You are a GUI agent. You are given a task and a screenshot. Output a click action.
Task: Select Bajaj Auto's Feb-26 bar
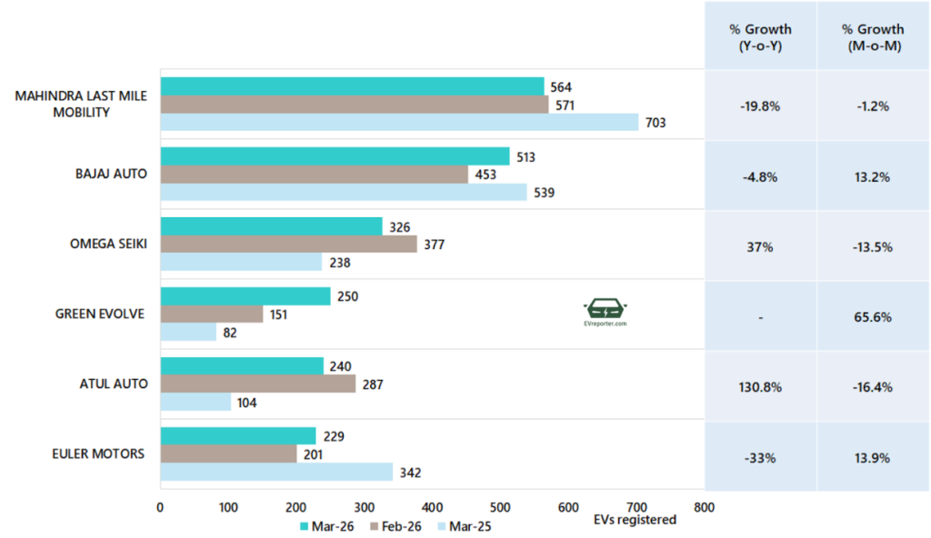(314, 174)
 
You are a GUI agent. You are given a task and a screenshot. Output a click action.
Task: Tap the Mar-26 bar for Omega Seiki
(271, 226)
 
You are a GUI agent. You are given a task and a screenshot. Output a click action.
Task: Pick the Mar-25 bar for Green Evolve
(190, 333)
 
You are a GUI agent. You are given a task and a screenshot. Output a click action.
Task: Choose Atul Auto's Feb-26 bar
(257, 384)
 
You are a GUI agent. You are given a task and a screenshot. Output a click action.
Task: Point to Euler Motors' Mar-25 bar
(276, 473)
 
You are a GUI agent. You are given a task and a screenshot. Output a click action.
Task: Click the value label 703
(656, 123)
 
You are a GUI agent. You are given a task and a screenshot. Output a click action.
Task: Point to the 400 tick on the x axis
(432, 507)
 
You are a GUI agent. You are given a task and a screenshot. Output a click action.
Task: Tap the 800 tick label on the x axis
(704, 507)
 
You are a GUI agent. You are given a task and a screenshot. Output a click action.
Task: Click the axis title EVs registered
(634, 520)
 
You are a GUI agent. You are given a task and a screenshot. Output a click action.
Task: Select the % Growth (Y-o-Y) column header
(760, 36)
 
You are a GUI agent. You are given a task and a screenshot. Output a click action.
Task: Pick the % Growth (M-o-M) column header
(872, 36)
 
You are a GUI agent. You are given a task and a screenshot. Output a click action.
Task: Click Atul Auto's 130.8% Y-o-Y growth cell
(760, 386)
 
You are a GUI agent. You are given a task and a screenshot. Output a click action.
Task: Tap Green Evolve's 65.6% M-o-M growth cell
(872, 317)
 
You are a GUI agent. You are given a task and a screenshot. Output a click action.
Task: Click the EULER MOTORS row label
(100, 454)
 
